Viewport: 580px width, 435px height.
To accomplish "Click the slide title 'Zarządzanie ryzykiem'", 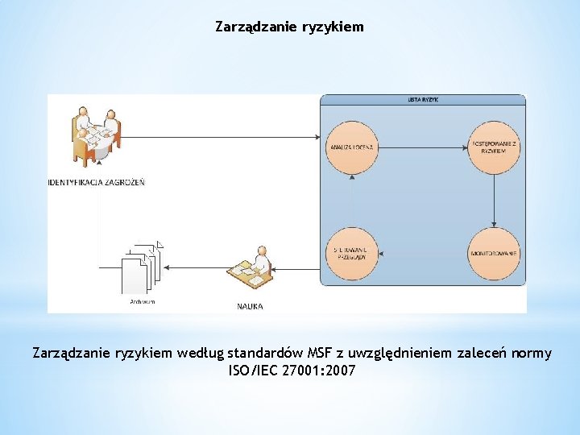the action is point(289,27).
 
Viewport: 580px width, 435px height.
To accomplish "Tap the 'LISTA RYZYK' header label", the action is point(423,100).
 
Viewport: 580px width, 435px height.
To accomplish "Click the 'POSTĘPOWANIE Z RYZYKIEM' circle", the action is point(493,147).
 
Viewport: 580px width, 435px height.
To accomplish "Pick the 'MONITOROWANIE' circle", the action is point(493,254).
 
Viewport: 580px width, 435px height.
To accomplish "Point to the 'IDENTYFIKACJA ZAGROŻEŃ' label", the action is point(96,183).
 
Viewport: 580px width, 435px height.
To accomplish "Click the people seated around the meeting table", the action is point(95,133).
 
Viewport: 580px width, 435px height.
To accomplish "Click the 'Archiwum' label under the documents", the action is point(142,302).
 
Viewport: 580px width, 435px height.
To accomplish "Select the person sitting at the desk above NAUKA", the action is point(252,268).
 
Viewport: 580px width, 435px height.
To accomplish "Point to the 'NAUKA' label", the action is point(250,306).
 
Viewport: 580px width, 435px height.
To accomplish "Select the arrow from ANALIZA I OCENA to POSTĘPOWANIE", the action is point(423,147).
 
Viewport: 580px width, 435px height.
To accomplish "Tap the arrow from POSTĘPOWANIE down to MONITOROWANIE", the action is point(493,201).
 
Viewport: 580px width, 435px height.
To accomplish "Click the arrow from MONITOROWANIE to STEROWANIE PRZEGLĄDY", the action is point(423,254).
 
